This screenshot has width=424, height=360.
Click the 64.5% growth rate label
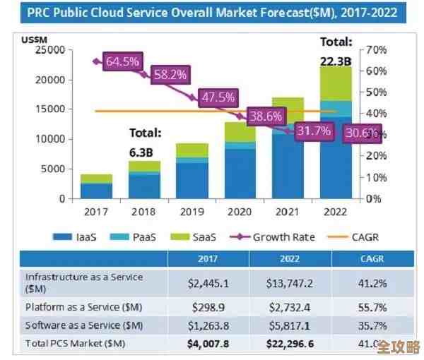pyautogui.click(x=122, y=61)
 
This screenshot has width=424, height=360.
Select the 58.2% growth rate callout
pyautogui.click(x=170, y=74)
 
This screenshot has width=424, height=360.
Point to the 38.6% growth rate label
pyautogui.click(x=265, y=116)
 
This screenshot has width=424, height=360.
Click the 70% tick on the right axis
pyautogui.click(x=376, y=50)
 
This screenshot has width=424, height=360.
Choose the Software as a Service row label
pyautogui.click(x=83, y=325)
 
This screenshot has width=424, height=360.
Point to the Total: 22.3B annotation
pyautogui.click(x=336, y=51)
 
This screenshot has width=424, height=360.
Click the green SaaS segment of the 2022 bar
pyautogui.click(x=336, y=83)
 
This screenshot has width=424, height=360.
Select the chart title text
pyautogui.click(x=211, y=13)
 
